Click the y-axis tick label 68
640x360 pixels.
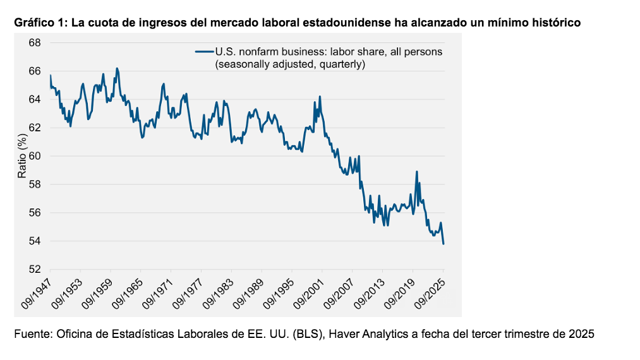35,43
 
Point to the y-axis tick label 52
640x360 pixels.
35,270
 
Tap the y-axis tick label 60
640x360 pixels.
35,156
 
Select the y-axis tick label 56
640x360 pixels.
35,213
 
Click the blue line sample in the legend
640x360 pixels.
204,52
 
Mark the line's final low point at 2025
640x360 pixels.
444,244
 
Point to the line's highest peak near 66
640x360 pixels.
117,68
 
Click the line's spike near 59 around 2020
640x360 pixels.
416,171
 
